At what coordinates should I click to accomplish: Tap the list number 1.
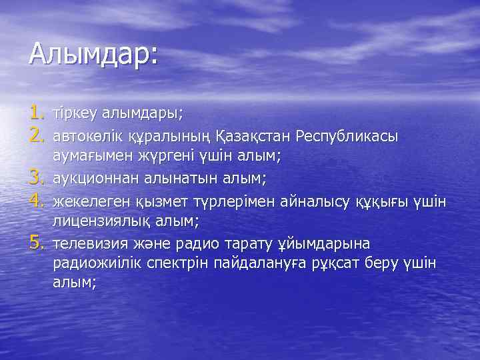pyautogui.click(x=37, y=113)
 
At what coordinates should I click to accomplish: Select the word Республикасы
pyautogui.click(x=345, y=135)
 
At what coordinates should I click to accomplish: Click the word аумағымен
pyautogui.click(x=89, y=156)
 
